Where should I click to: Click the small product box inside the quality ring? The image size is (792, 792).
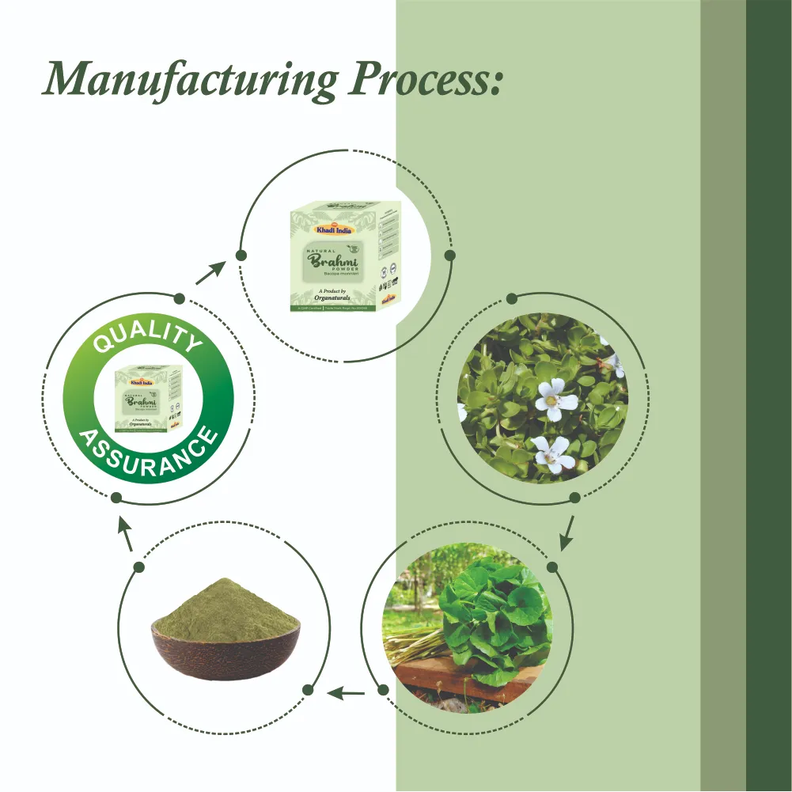click(149, 399)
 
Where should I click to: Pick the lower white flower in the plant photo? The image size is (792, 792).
click(553, 454)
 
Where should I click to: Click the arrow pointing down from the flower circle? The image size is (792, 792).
click(567, 536)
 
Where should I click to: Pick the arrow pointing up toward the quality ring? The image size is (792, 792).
click(125, 536)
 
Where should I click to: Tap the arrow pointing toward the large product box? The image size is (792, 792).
click(207, 274)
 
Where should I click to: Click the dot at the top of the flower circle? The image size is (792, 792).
click(512, 298)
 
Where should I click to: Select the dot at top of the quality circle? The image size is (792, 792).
click(180, 299)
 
